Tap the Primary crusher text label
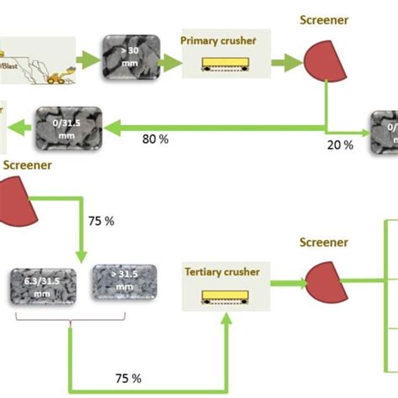pyautogui.click(x=218, y=39)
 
